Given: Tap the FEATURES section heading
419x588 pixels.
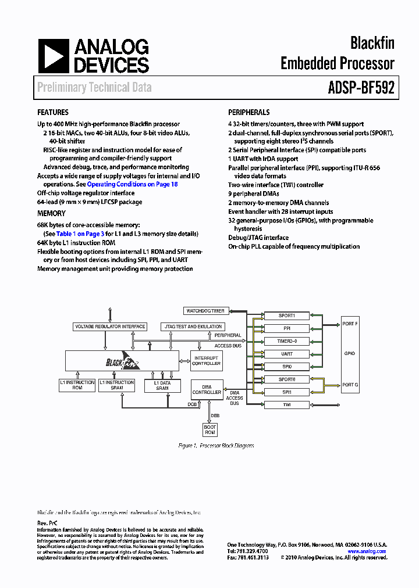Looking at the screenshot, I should (x=53, y=113).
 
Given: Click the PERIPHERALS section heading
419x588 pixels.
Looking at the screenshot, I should (x=248, y=113).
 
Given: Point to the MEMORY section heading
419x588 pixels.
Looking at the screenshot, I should (x=51, y=214).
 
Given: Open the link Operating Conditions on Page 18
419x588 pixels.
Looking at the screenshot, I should (x=132, y=184).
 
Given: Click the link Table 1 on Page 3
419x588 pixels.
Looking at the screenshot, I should (x=80, y=234).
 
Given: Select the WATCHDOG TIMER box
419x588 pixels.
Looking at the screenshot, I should (x=205, y=311).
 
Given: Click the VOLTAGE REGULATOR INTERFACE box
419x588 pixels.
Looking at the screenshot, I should (x=109, y=327).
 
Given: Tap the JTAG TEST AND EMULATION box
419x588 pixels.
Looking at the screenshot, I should (x=193, y=327).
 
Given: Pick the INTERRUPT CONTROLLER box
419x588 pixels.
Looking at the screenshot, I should (x=206, y=361).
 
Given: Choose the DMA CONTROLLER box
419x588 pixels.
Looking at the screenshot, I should (x=207, y=390).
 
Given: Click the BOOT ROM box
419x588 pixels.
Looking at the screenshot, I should (x=210, y=430).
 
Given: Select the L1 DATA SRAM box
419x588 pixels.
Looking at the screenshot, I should (x=162, y=385).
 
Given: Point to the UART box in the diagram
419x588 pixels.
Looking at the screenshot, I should (x=286, y=354).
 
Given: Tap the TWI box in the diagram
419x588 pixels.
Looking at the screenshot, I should (x=286, y=404).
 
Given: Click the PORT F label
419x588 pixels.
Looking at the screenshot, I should (x=350, y=323).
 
